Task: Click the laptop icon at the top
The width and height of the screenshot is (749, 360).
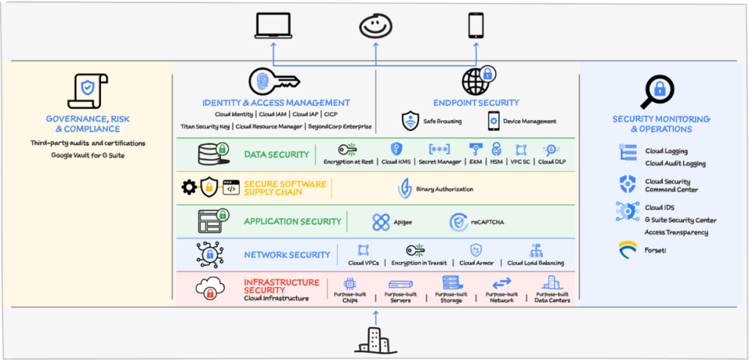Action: click(274, 27)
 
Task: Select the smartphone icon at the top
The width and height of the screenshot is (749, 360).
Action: click(476, 26)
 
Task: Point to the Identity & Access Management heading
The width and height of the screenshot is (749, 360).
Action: click(276, 103)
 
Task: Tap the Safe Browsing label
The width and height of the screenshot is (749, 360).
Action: click(442, 121)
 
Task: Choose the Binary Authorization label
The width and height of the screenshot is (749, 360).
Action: click(444, 189)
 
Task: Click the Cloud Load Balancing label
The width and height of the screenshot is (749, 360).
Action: click(535, 263)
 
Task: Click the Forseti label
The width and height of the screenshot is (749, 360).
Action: click(656, 250)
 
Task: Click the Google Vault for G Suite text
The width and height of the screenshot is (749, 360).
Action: click(87, 155)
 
